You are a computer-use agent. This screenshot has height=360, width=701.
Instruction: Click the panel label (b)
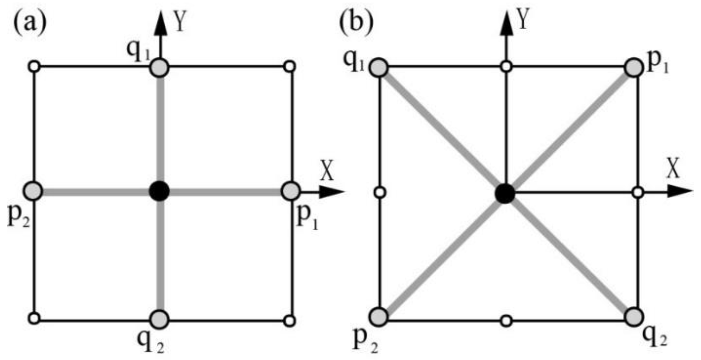tap(356, 23)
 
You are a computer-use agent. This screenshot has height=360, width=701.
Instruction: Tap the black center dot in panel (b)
tap(505, 194)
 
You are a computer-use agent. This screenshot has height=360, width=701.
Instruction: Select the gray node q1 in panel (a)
tap(159, 68)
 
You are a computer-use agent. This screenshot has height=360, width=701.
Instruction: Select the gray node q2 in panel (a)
tap(159, 319)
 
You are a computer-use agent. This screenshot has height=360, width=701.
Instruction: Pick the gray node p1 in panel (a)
tap(291, 191)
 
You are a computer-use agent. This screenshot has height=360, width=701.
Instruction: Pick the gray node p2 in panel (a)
tap(33, 191)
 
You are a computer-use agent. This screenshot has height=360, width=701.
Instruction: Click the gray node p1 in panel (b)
tap(634, 68)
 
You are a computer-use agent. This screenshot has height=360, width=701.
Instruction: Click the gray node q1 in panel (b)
tap(379, 67)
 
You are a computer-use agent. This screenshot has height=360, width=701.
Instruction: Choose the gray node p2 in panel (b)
tap(379, 317)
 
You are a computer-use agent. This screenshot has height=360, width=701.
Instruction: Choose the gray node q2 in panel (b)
tap(634, 317)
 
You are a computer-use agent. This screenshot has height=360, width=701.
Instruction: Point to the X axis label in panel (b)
tap(673, 169)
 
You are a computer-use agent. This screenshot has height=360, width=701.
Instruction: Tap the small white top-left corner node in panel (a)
tap(34, 66)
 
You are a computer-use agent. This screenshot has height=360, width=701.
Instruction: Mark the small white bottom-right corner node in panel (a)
tap(290, 320)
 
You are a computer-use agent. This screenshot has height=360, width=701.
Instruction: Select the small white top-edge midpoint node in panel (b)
tap(506, 66)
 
